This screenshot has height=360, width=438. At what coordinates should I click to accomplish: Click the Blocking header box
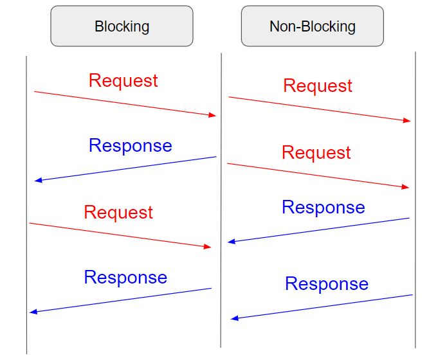[x=122, y=26]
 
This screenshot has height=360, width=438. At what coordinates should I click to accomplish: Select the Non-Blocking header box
[x=312, y=26]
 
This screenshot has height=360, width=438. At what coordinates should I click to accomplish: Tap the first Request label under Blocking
[x=123, y=80]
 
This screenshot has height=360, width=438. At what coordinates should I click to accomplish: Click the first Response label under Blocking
[x=130, y=145]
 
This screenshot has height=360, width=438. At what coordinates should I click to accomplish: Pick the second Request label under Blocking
[x=118, y=212]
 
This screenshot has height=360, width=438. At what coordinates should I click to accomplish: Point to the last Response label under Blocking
[x=125, y=277]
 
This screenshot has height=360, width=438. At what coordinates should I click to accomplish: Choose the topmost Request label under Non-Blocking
[x=318, y=85]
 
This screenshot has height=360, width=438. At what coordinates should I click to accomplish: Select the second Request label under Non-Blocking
[x=316, y=152]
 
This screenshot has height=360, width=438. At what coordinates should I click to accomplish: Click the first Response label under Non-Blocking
[x=323, y=207]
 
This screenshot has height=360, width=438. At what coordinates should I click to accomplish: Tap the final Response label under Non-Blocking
[x=327, y=283]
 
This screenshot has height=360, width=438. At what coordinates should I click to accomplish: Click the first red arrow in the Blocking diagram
[x=125, y=104]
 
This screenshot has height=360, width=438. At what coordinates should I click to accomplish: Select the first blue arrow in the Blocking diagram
[x=125, y=168]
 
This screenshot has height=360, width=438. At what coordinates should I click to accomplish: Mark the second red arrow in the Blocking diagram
[x=120, y=235]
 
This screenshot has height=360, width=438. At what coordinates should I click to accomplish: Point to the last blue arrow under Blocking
[x=120, y=300]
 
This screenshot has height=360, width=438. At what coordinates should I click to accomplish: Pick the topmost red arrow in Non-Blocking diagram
[x=320, y=109]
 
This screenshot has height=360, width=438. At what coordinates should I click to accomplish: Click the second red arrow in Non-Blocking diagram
[x=318, y=175]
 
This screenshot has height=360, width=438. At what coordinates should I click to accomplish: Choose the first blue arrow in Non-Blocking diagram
[x=318, y=230]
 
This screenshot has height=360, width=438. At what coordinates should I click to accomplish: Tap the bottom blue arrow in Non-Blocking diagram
[x=322, y=307]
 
